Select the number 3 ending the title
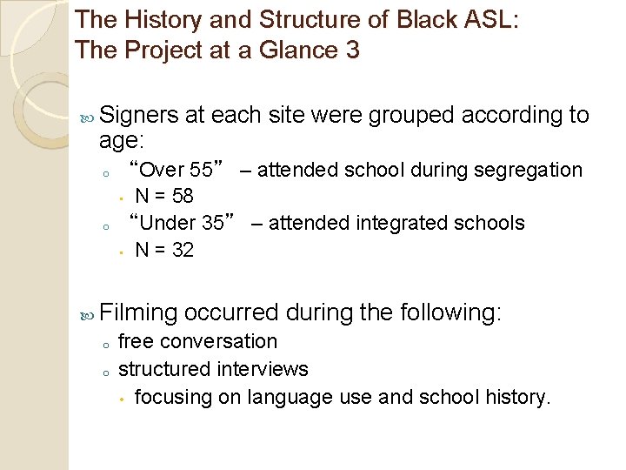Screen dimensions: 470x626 tap(352, 50)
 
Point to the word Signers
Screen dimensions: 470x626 tap(139, 115)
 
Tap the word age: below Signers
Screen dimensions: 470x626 tap(123, 141)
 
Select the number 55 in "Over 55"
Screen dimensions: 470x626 tap(212, 170)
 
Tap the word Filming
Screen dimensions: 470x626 tap(139, 312)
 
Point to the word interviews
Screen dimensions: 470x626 tap(266, 369)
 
